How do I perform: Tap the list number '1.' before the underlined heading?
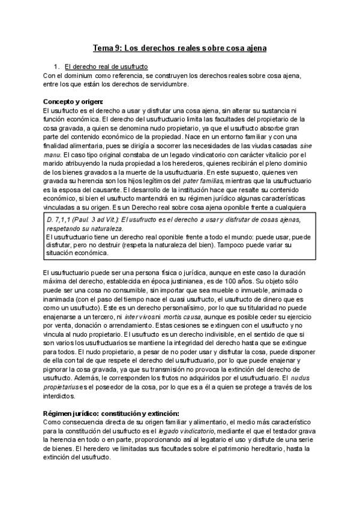[x=56, y=66]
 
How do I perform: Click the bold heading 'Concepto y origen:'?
[x=73, y=101]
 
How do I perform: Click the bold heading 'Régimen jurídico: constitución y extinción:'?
[x=111, y=414]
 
